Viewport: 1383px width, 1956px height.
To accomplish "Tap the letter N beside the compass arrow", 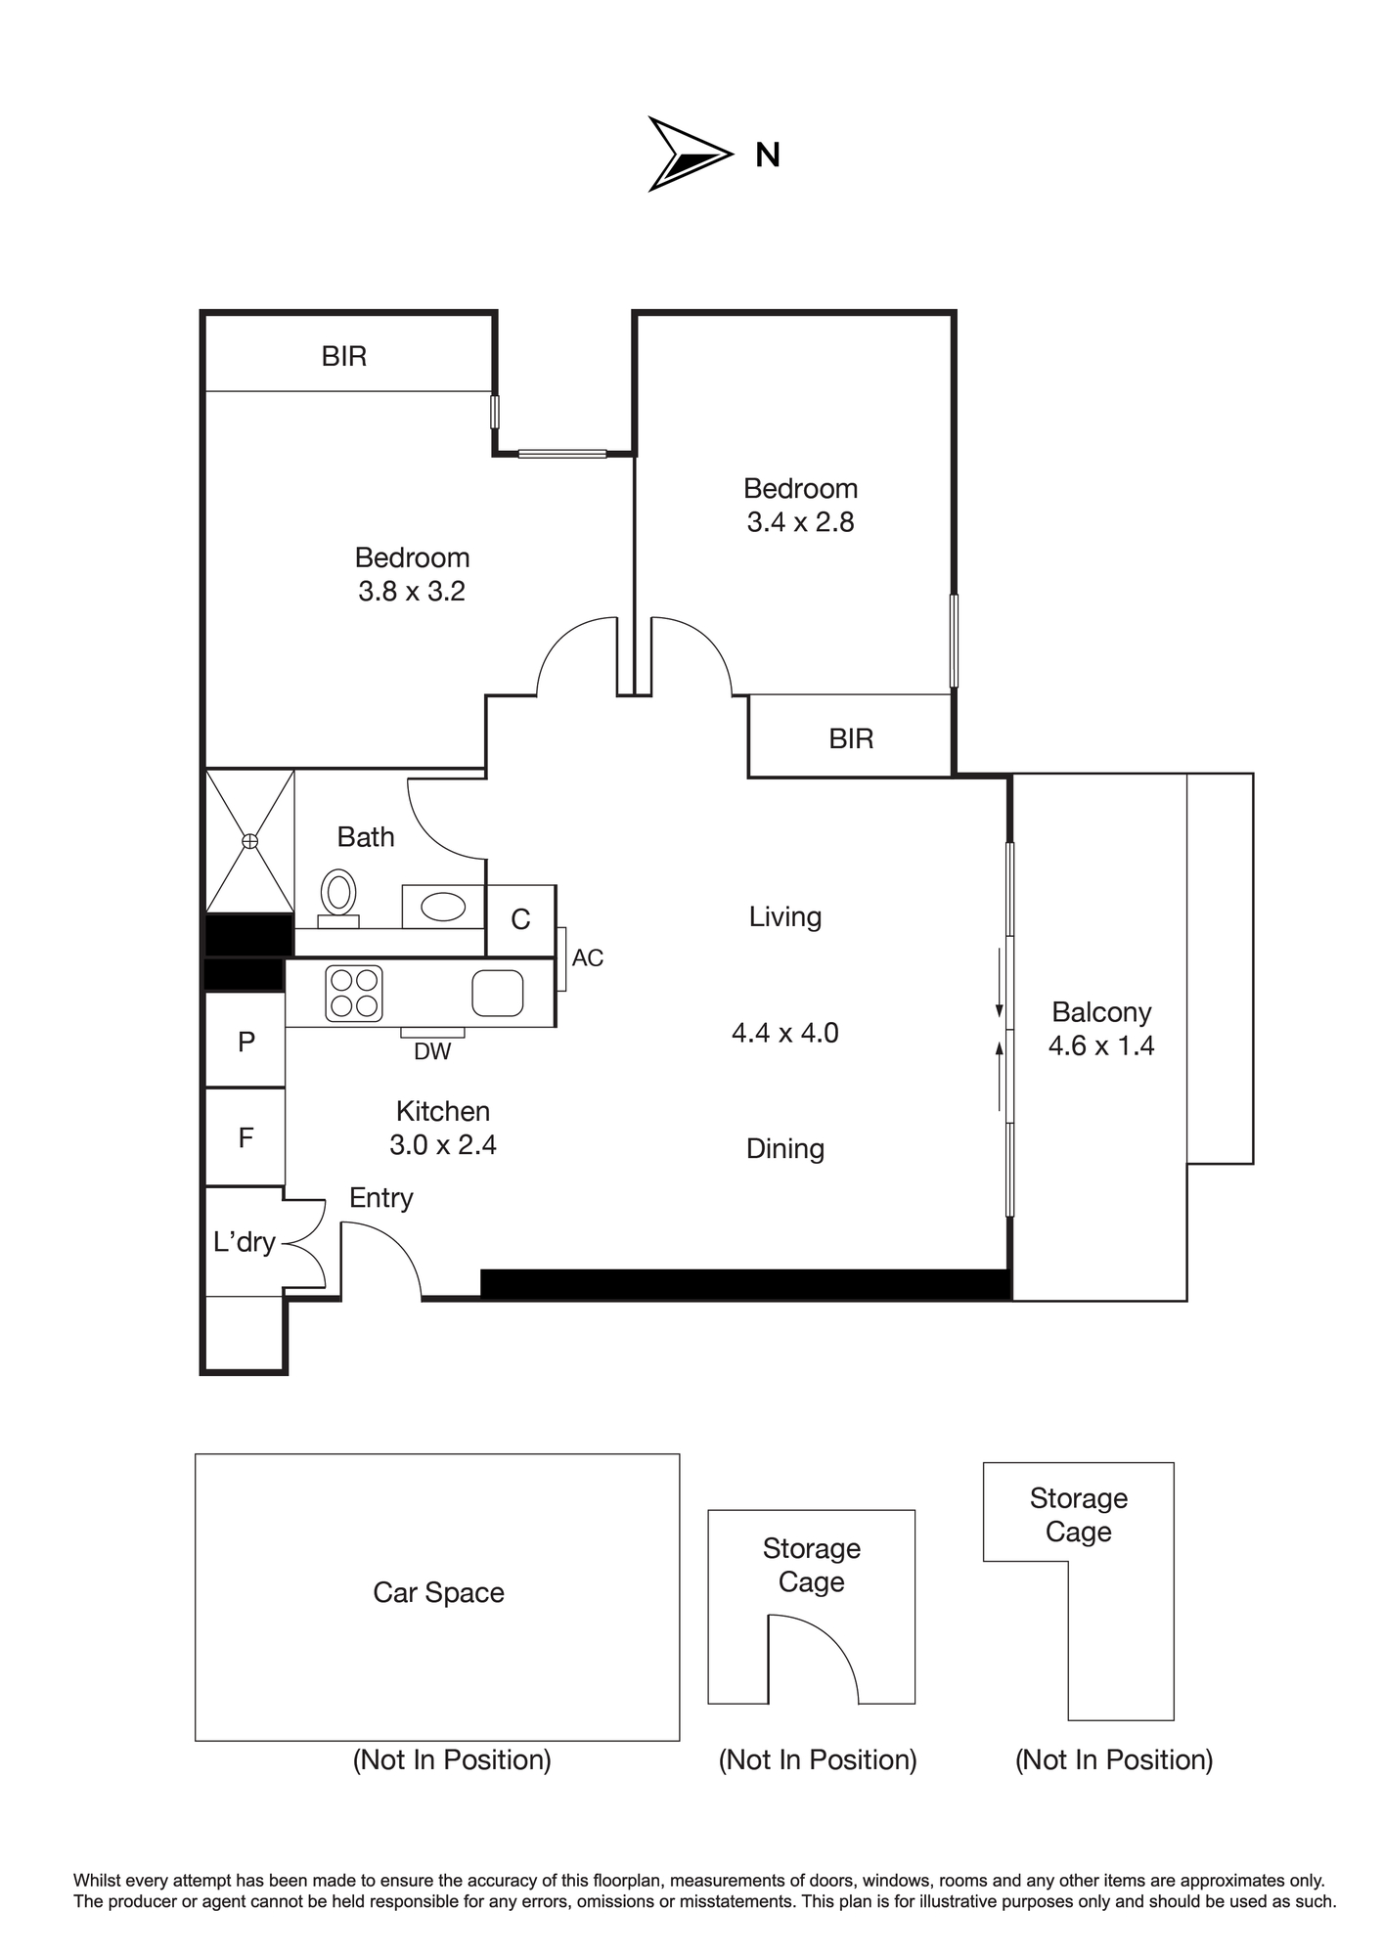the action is point(768,156).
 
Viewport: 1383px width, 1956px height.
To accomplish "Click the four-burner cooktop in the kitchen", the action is point(354,993).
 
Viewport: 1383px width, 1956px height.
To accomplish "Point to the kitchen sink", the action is point(498,993).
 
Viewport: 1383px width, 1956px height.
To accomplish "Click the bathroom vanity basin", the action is point(443,907).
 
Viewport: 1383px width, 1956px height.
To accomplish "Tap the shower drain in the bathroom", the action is point(250,841).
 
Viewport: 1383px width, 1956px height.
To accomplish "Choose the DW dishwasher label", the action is point(432,1051).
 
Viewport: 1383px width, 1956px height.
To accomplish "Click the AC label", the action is point(588,957).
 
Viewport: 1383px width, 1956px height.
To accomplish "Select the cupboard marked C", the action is point(521,920).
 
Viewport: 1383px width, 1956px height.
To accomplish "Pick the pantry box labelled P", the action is point(245,1041).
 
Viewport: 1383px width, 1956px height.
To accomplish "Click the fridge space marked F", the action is point(245,1137).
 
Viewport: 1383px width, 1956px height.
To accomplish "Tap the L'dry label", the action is point(245,1242).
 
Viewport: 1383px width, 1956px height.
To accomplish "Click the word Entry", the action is point(381,1198).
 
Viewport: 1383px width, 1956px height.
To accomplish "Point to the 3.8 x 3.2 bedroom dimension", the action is point(412,591).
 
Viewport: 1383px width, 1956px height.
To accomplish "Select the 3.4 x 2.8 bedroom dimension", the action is point(801,522).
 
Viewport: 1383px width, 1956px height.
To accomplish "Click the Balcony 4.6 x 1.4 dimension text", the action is point(1101,1045).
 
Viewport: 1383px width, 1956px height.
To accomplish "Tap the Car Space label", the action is point(439,1592).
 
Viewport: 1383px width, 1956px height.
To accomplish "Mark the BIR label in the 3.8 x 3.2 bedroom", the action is point(344,356).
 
